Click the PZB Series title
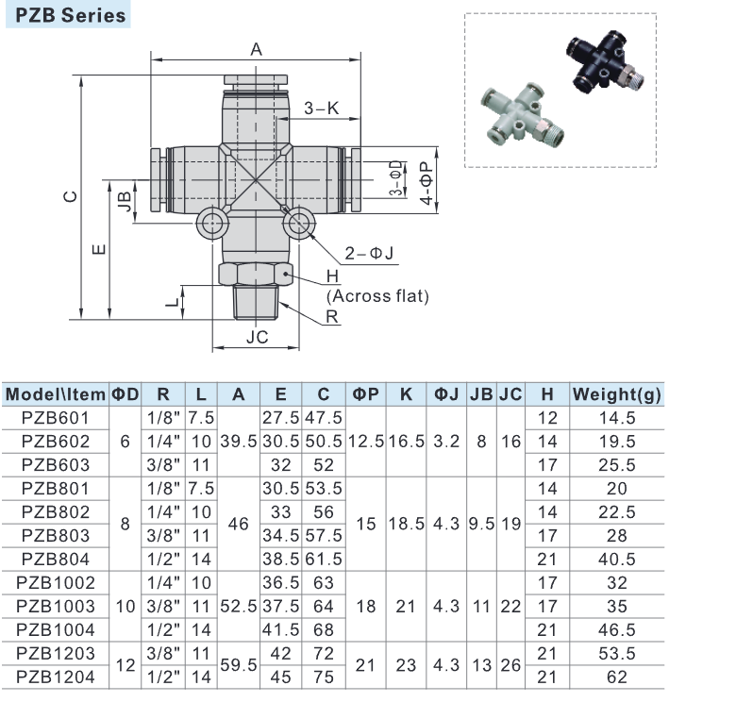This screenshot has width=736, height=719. (65, 15)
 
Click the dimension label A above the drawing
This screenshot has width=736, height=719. (256, 50)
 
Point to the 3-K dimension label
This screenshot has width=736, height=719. (321, 109)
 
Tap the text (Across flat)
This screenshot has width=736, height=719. (377, 295)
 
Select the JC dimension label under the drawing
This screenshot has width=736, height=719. (257, 337)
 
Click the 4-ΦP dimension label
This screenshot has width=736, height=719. (427, 183)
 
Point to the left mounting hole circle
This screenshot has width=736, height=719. (211, 224)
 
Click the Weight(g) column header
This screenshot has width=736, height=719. (617, 394)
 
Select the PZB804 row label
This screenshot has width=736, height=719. (55, 559)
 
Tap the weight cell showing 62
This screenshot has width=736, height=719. (617, 677)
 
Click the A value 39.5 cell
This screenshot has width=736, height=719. (239, 441)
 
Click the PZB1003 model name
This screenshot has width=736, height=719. (55, 606)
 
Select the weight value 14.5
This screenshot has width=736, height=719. (617, 418)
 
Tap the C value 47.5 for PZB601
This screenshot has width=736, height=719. (324, 418)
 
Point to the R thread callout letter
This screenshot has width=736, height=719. (331, 317)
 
